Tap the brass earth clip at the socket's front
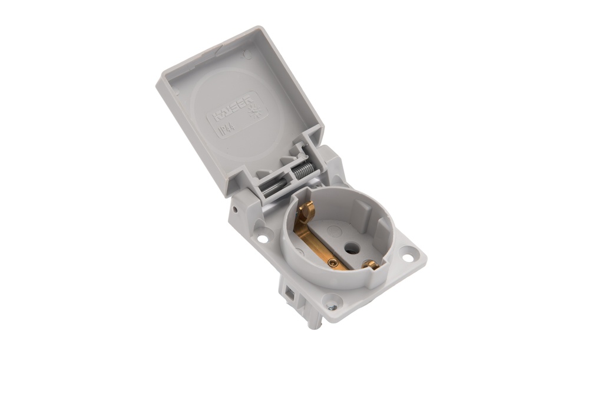(372, 263)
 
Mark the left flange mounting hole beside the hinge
(260, 239)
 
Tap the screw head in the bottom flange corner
(333, 307)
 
